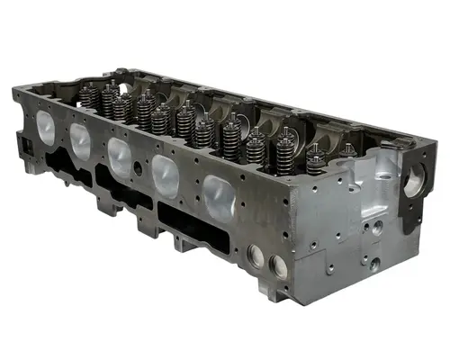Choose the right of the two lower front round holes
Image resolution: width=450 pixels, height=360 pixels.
[x=277, y=265]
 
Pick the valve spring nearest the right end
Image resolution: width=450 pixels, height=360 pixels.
[x=316, y=160]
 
